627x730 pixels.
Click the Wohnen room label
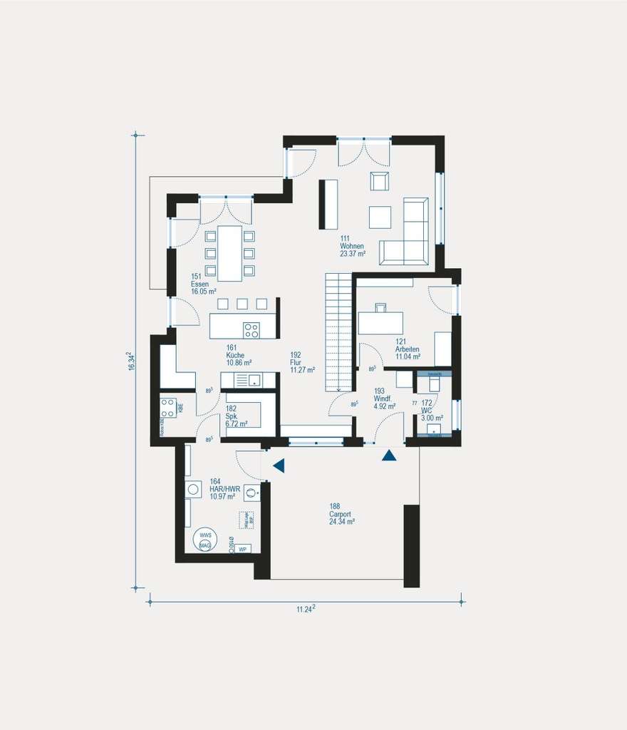click(x=352, y=246)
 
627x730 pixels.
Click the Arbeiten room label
click(x=408, y=349)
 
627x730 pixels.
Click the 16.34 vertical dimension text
click(x=130, y=361)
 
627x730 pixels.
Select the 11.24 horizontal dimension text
click(x=306, y=608)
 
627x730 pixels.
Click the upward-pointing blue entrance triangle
click(x=388, y=455)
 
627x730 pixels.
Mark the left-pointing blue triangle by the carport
click(x=279, y=466)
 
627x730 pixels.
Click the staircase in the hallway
click(x=340, y=331)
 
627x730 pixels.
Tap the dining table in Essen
click(x=229, y=253)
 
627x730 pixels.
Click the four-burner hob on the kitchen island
click(x=251, y=329)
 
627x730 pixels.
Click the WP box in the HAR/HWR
click(x=242, y=548)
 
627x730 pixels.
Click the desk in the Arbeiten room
click(x=380, y=322)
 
